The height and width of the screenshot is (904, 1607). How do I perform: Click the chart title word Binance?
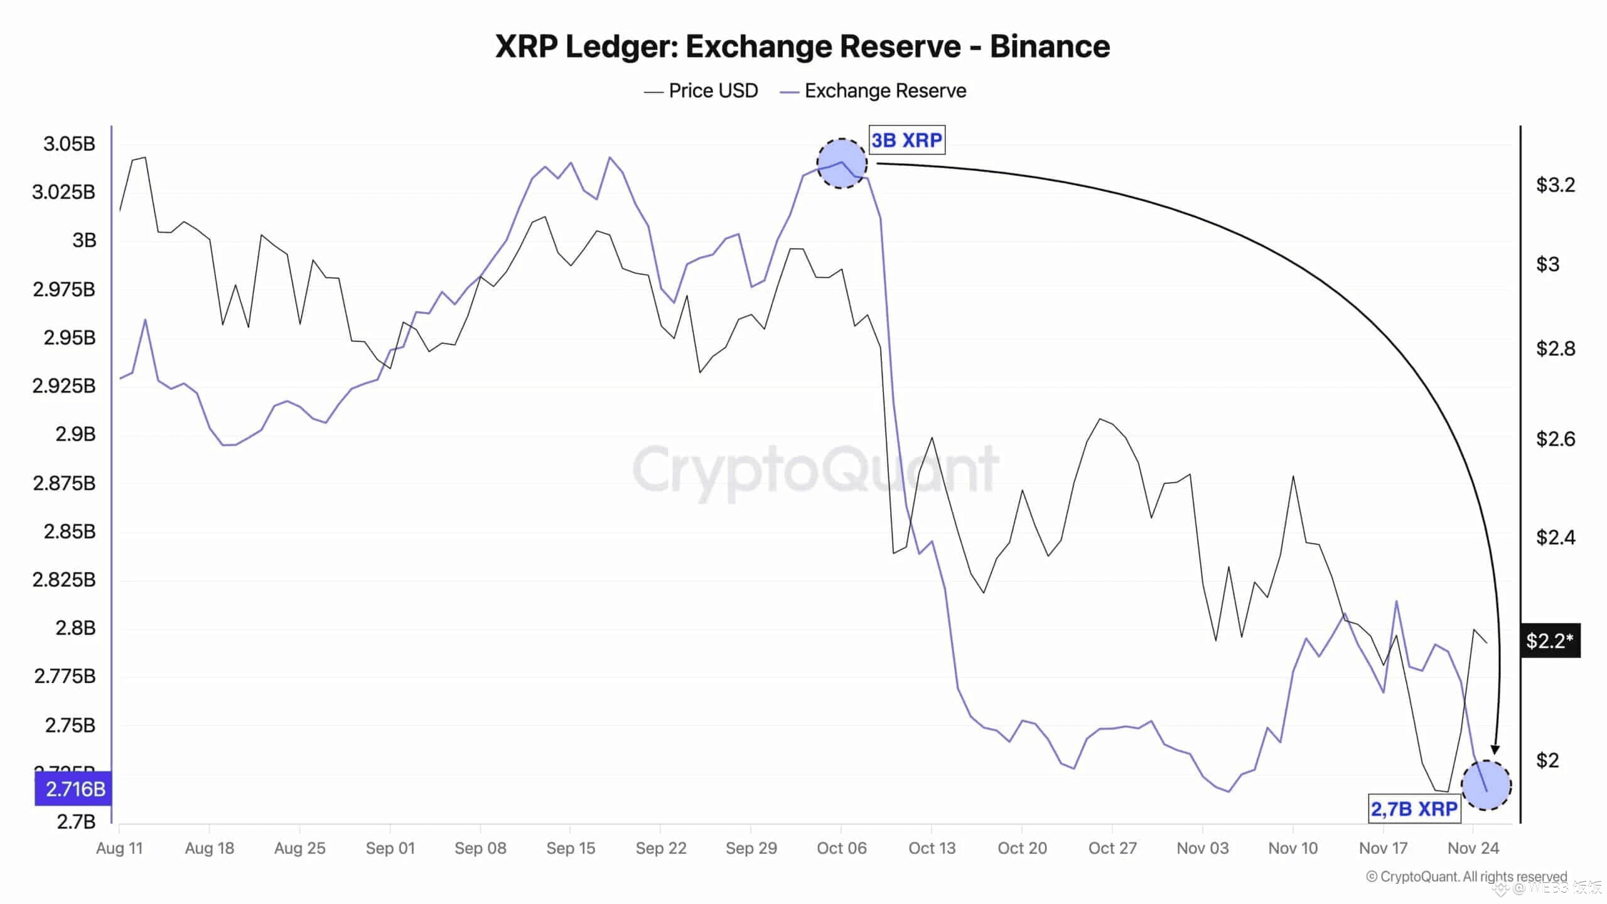(x=1050, y=46)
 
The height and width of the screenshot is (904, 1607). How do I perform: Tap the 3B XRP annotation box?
(x=906, y=140)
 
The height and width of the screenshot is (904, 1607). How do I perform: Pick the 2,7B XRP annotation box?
(x=1414, y=809)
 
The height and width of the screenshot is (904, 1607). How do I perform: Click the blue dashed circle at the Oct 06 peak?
(x=842, y=163)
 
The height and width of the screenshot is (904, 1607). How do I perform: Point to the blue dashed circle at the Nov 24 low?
(x=1486, y=785)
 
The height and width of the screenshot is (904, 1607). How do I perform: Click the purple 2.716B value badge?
(x=74, y=789)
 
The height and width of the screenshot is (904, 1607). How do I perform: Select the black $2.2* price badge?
(x=1549, y=641)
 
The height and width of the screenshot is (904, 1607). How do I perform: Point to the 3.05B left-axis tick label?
(x=69, y=144)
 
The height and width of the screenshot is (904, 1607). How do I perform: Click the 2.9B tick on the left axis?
(x=75, y=434)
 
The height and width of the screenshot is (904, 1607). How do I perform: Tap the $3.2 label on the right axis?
(x=1555, y=185)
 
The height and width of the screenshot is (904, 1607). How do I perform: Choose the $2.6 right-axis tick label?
(x=1555, y=439)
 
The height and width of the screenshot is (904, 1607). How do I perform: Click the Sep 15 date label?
(x=570, y=848)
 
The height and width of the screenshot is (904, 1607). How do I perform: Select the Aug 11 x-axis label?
(x=119, y=848)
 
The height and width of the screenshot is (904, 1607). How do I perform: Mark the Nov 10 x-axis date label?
(x=1293, y=848)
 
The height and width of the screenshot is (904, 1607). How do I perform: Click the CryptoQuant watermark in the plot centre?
(x=815, y=470)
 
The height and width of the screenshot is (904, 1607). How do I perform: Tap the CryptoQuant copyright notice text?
(x=1466, y=876)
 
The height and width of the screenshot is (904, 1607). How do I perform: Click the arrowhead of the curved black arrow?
(x=1495, y=750)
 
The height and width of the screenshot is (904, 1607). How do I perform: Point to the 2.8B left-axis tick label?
(x=75, y=628)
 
